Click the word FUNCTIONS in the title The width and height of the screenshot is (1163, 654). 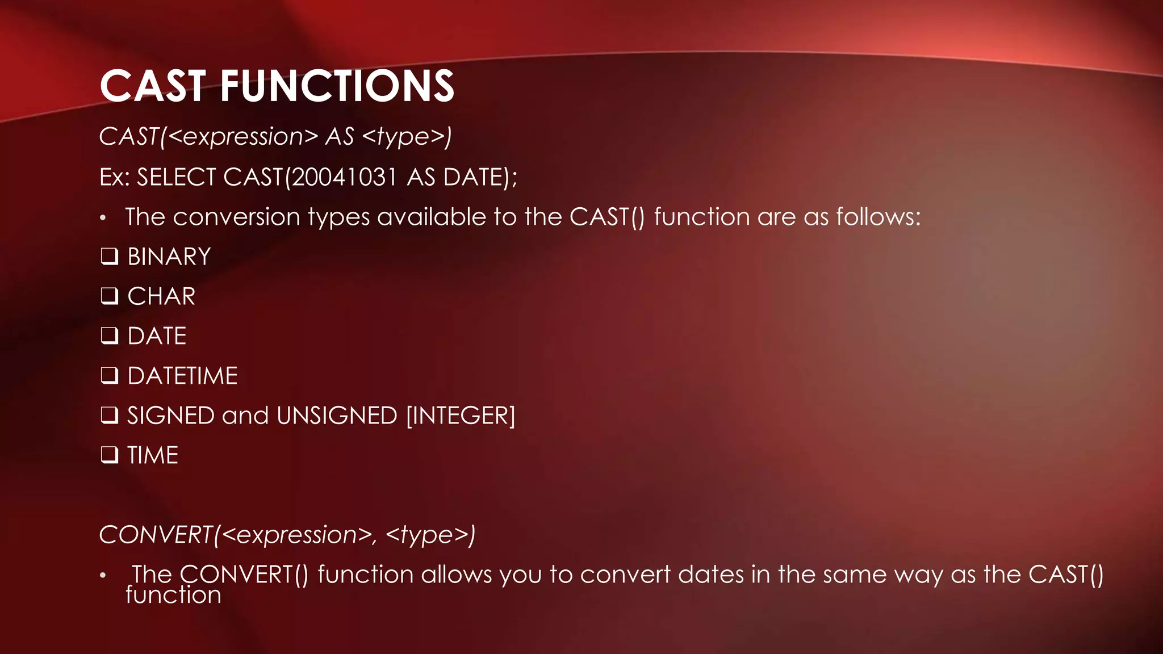[x=337, y=86]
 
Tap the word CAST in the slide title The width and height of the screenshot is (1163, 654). [x=153, y=86]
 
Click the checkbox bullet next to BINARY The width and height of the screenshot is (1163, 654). [x=109, y=257]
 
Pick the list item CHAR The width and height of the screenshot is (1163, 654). [x=161, y=296]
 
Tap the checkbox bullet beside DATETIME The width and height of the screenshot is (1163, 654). [x=109, y=376]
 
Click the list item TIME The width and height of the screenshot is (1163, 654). [x=153, y=455]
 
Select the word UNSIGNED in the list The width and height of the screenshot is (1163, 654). [x=337, y=416]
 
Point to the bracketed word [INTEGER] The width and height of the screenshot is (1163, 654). [x=461, y=416]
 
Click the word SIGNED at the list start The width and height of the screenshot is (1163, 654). [x=170, y=416]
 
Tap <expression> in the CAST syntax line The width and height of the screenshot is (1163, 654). [x=243, y=137]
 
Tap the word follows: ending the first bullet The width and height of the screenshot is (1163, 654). [x=878, y=217]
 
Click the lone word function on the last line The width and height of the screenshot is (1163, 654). [x=173, y=595]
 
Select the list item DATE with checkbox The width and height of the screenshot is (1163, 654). [x=157, y=336]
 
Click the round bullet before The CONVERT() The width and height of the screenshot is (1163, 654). [x=103, y=576]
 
